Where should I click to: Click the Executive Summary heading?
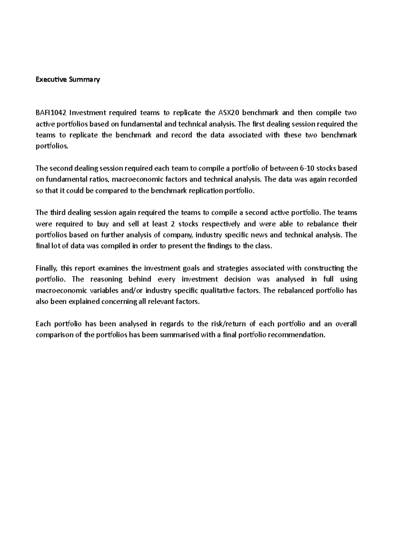pos(67,80)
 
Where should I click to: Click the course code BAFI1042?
pos(51,113)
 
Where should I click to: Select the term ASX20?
pos(226,113)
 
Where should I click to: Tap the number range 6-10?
pos(309,169)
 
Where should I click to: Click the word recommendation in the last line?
pos(297,335)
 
